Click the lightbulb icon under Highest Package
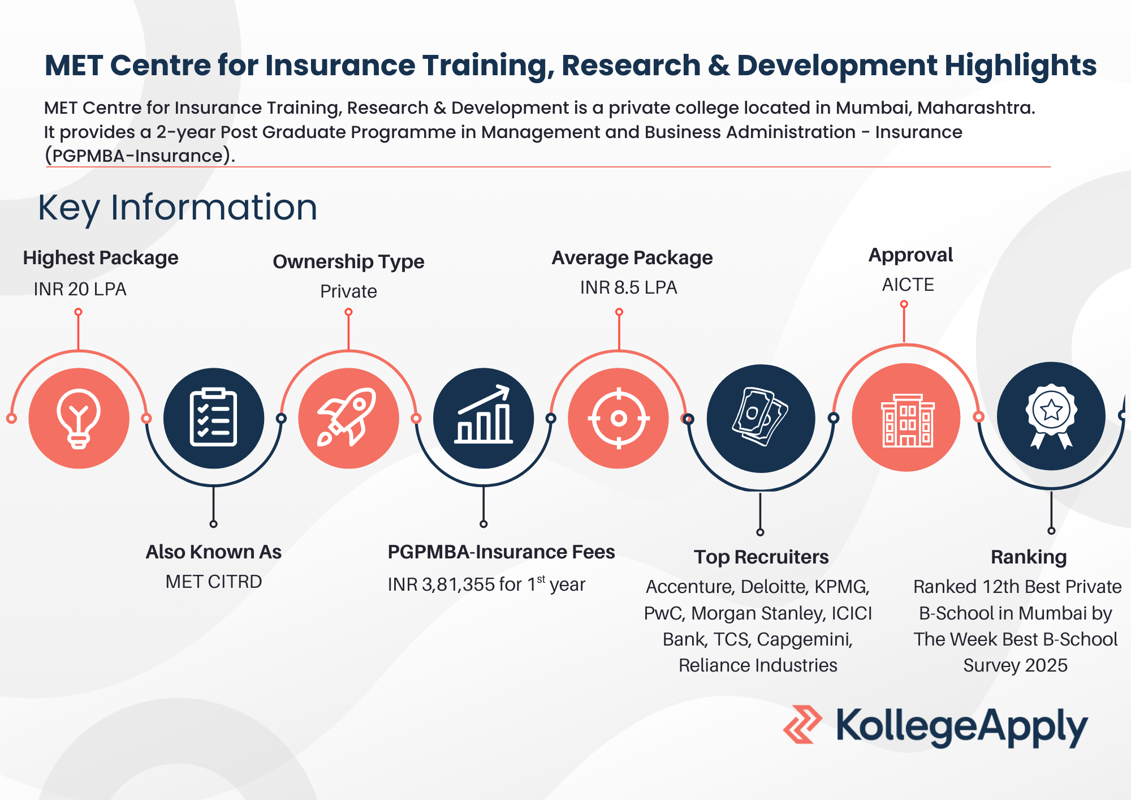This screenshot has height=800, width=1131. pyautogui.click(x=79, y=419)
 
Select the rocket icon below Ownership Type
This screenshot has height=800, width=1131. pyautogui.click(x=347, y=417)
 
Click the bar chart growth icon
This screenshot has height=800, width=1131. pyautogui.click(x=484, y=414)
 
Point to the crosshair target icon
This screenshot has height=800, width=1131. pyautogui.click(x=619, y=419)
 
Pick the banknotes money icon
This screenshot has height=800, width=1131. pyautogui.click(x=761, y=417)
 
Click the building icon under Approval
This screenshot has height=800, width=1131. pyautogui.click(x=907, y=420)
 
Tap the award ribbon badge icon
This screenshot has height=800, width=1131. pyautogui.click(x=1051, y=416)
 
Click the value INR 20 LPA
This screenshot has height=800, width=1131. pyautogui.click(x=80, y=289)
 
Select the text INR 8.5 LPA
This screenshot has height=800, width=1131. pyautogui.click(x=628, y=287)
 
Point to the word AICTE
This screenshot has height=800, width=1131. pyautogui.click(x=908, y=284)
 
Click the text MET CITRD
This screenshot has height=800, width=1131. pyautogui.click(x=214, y=582)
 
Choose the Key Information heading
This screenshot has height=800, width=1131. pyautogui.click(x=178, y=208)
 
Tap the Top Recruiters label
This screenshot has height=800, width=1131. pyautogui.click(x=761, y=557)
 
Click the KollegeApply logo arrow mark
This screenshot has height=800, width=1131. pyautogui.click(x=802, y=724)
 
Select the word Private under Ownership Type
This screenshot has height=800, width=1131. pyautogui.click(x=348, y=291)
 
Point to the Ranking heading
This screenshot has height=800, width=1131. pyautogui.click(x=1029, y=557)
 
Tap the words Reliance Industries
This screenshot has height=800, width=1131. pyautogui.click(x=758, y=665)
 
